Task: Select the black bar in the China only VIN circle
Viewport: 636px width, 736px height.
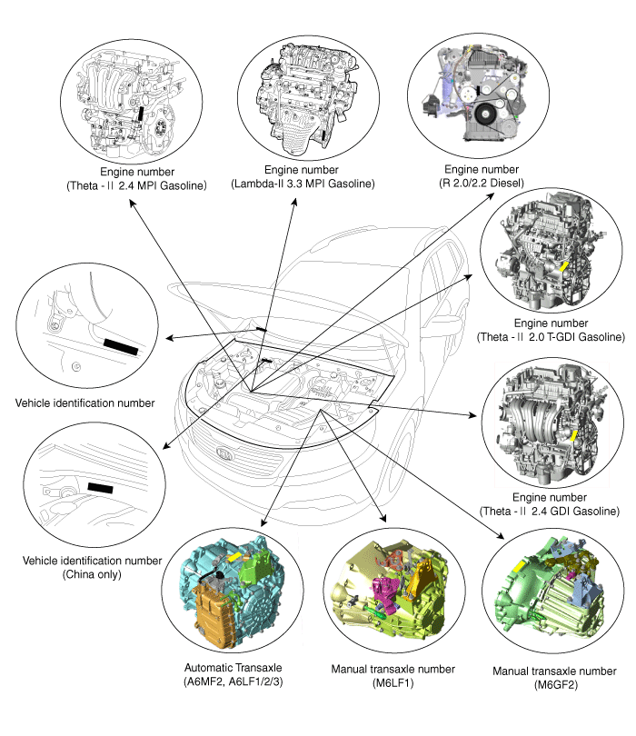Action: [101, 488]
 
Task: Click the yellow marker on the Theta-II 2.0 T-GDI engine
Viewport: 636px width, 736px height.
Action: [565, 265]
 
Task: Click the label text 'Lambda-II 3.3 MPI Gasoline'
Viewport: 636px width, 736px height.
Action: [303, 184]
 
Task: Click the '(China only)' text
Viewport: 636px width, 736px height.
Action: [94, 574]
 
